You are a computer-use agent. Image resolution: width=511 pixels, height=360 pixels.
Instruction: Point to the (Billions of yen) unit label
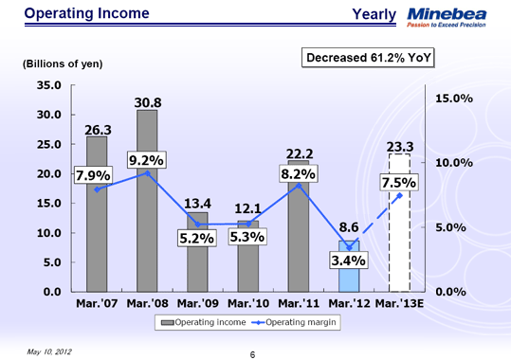62,63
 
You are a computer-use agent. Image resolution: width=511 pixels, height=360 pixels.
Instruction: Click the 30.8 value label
147,100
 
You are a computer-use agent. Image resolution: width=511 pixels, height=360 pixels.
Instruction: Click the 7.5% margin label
399,182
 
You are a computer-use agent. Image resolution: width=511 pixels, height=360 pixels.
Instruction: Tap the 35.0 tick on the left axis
48,84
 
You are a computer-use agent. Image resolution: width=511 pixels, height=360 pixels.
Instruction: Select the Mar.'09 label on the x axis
198,303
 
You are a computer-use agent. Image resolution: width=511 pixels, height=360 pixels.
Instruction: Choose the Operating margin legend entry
300,322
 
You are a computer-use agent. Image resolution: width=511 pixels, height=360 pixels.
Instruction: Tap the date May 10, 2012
50,350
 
